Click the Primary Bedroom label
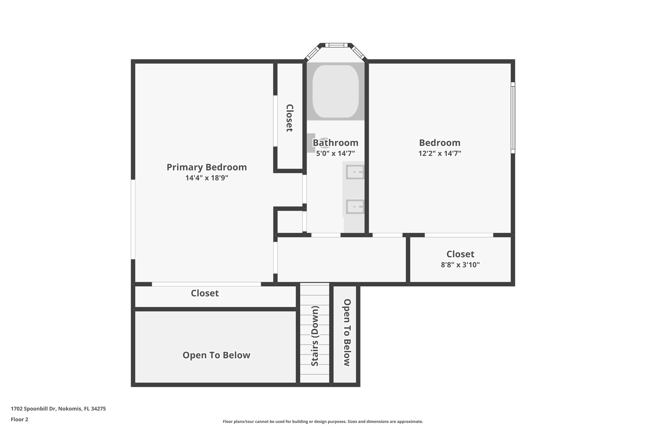207,167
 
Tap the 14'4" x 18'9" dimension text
207,178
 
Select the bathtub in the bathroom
335,92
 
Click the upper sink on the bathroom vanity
355,172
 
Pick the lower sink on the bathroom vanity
355,207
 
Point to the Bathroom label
335,143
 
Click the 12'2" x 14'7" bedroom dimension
440,153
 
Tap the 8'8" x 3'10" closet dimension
460,265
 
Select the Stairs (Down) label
315,336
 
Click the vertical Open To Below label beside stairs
347,332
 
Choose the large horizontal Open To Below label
216,355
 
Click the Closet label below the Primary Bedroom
205,293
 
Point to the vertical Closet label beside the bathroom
289,118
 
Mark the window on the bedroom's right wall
513,118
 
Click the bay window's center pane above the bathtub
335,45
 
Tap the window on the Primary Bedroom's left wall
133,219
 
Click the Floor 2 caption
20,419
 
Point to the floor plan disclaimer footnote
323,421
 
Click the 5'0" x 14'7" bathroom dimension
335,154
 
